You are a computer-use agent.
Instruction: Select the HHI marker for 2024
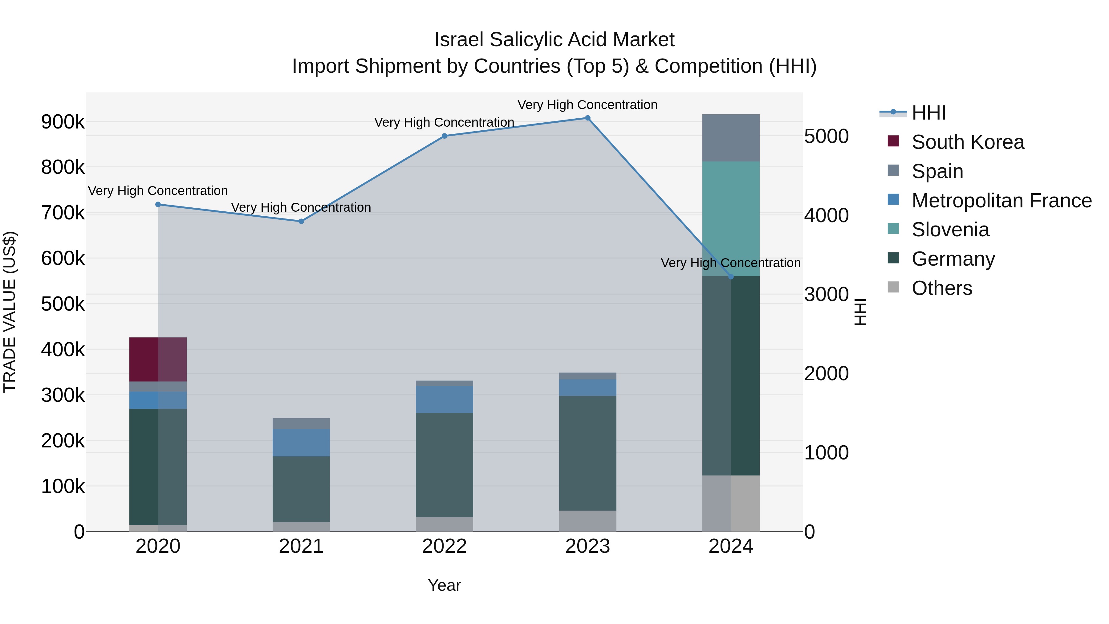click(731, 277)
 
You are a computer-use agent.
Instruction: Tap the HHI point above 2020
click(158, 205)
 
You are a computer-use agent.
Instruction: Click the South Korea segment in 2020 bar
click(158, 359)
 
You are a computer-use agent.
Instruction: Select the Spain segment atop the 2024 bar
click(731, 138)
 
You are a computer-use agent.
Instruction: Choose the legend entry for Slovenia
click(950, 230)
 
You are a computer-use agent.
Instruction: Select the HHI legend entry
click(928, 113)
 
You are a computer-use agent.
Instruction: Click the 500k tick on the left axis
click(63, 304)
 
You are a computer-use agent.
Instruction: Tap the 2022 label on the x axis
click(444, 546)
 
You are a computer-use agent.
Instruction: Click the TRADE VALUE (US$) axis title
click(10, 312)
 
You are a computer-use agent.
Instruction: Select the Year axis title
click(444, 585)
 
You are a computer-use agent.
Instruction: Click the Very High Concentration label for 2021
click(301, 208)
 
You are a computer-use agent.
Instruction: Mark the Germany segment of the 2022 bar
click(444, 465)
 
